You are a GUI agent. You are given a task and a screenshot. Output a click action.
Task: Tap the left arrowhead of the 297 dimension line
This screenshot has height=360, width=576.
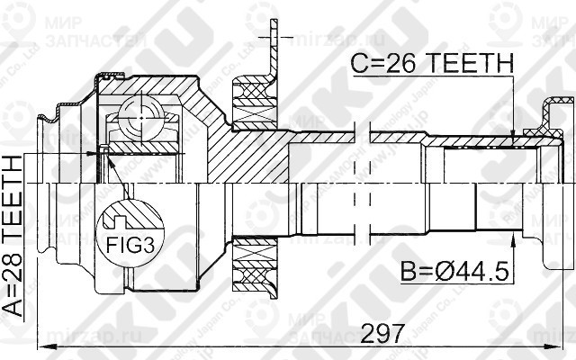(41, 344)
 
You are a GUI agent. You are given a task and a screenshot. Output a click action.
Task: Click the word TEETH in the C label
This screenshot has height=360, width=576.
(468, 63)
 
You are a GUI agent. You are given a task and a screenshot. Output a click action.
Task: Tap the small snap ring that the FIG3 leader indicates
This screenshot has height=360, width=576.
(104, 149)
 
